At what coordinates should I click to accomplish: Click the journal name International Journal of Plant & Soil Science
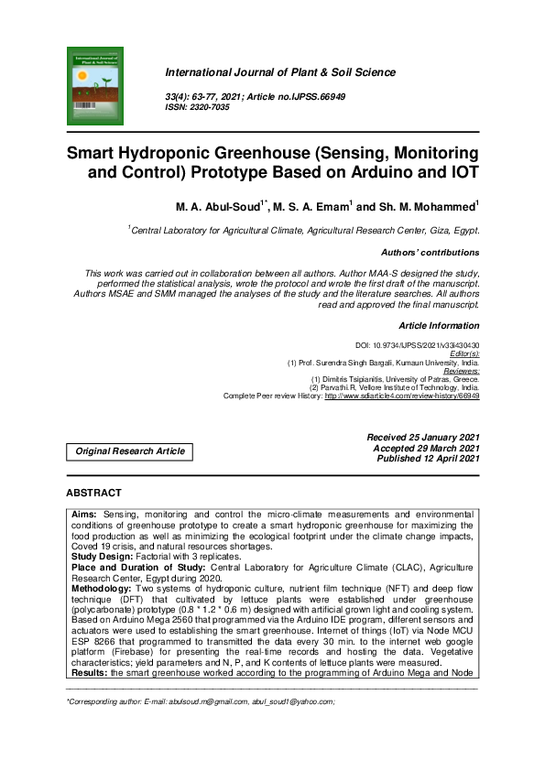280,72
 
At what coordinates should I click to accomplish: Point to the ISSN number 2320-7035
211,107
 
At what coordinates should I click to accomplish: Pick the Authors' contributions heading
430,252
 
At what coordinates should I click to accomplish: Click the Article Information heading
439,326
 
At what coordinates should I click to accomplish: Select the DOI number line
417,345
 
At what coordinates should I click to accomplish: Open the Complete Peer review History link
401,396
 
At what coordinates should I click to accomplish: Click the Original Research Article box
130,451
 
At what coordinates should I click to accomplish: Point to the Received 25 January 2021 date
422,438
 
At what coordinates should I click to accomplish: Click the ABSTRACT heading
93,493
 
